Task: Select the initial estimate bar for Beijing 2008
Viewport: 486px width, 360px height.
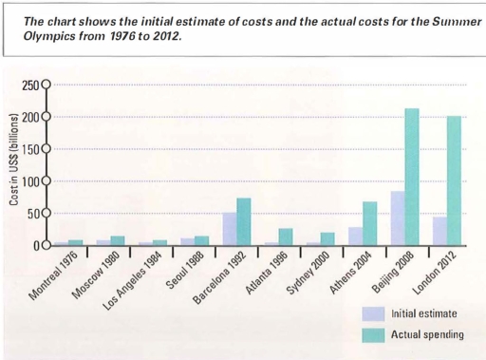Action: coord(398,218)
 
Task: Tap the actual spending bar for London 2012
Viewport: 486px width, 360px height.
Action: coord(454,180)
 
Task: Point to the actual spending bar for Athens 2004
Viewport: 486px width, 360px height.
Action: coord(370,223)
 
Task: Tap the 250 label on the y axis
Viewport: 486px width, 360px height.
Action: coord(28,85)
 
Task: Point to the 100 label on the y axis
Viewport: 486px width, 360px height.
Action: coord(28,181)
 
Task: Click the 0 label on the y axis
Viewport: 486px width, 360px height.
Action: coord(34,245)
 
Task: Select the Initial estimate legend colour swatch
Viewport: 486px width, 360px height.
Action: coord(373,313)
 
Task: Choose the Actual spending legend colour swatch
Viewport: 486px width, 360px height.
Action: coord(373,333)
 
